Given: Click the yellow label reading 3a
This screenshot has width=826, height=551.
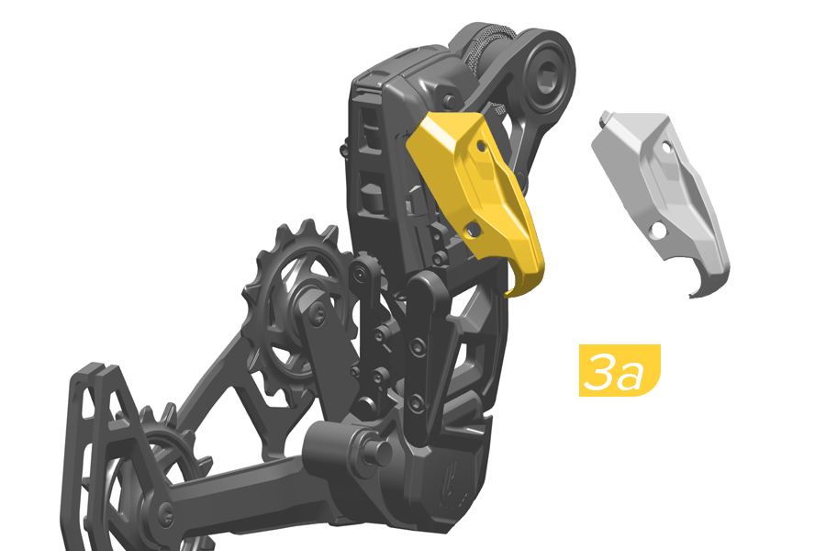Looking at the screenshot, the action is click(x=619, y=370).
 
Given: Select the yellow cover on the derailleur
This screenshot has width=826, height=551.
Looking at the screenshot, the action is click(x=474, y=195).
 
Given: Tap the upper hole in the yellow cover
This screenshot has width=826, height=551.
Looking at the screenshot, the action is click(x=481, y=145).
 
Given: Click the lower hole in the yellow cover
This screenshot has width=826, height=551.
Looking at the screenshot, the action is click(x=473, y=229).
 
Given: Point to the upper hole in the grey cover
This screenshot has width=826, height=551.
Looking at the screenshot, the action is click(x=666, y=146).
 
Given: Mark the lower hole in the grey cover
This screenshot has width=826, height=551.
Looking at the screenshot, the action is click(x=658, y=230).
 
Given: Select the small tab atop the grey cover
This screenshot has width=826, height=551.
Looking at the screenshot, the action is click(x=605, y=118).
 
